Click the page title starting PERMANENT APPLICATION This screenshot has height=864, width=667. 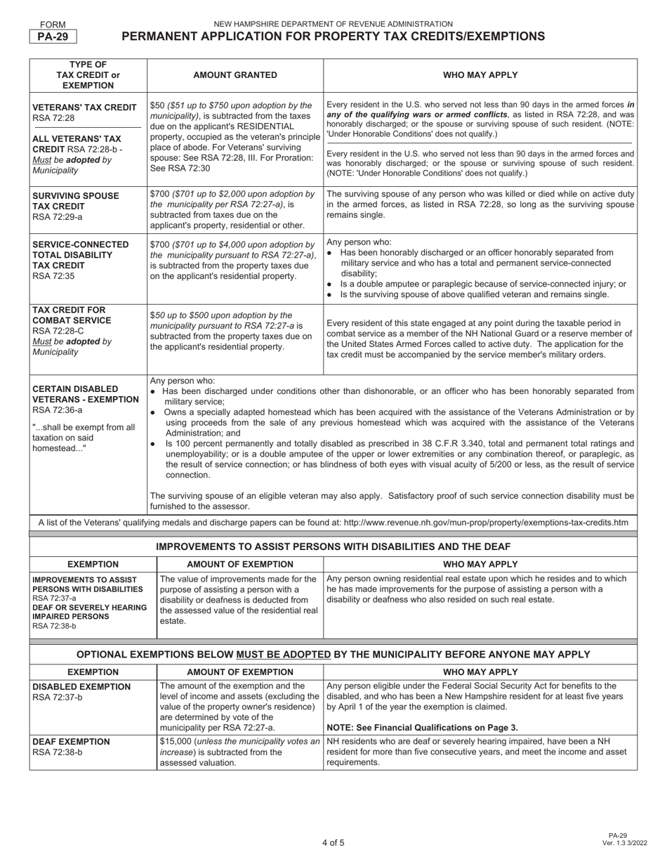(x=333, y=37)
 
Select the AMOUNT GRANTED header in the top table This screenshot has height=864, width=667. (x=235, y=75)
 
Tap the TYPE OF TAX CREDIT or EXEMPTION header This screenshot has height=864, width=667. (x=88, y=75)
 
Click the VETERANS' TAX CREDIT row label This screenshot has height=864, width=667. (x=84, y=107)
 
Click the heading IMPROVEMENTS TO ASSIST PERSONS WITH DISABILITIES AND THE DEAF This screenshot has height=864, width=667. (x=333, y=546)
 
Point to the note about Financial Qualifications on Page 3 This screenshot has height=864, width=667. (x=422, y=728)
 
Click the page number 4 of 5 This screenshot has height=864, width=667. (x=333, y=843)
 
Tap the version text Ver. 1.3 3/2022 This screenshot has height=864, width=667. (x=619, y=842)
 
